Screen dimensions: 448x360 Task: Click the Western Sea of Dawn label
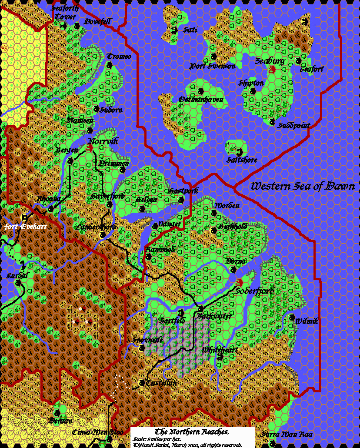(x=303, y=187)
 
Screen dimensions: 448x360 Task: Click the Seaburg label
(x=270, y=61)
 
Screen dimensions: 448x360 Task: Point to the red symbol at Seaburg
(x=273, y=69)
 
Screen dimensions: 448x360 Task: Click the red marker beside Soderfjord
(x=239, y=283)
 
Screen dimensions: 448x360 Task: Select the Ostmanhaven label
(x=201, y=100)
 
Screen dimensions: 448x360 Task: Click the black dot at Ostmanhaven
(x=201, y=91)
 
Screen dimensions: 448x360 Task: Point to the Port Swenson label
(x=213, y=66)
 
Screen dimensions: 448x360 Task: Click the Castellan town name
(x=161, y=383)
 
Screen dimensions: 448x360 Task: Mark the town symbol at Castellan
(x=142, y=383)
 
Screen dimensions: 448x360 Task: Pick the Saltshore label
(x=242, y=160)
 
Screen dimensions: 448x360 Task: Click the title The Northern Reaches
(x=192, y=431)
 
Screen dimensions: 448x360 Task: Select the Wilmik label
(x=307, y=321)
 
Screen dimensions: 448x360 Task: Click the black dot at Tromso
(x=109, y=65)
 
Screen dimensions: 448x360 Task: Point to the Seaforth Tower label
(x=63, y=12)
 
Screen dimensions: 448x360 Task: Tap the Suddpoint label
(x=294, y=125)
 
